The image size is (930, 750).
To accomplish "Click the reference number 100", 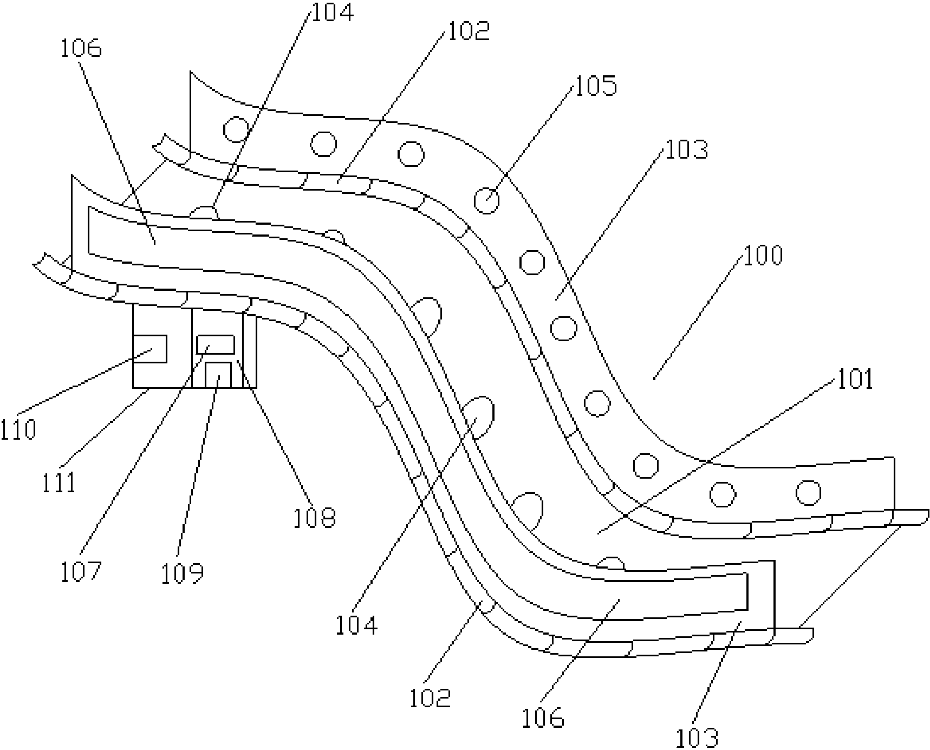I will click(763, 255).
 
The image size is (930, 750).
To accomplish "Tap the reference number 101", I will click(855, 380).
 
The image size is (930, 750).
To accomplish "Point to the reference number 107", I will click(81, 572).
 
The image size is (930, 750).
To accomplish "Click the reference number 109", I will click(182, 574).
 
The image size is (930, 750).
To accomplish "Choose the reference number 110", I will click(18, 429).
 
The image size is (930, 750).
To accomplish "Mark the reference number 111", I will click(59, 482).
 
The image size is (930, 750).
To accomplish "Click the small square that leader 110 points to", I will click(150, 349).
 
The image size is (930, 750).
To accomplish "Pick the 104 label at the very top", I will click(332, 12).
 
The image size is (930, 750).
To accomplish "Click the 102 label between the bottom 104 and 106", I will click(430, 698).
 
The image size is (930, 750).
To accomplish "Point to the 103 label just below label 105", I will click(686, 150).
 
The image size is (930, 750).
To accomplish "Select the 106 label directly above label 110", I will click(81, 49).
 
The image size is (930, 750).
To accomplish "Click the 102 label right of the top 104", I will click(468, 31).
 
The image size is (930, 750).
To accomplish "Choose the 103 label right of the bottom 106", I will click(697, 738).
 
